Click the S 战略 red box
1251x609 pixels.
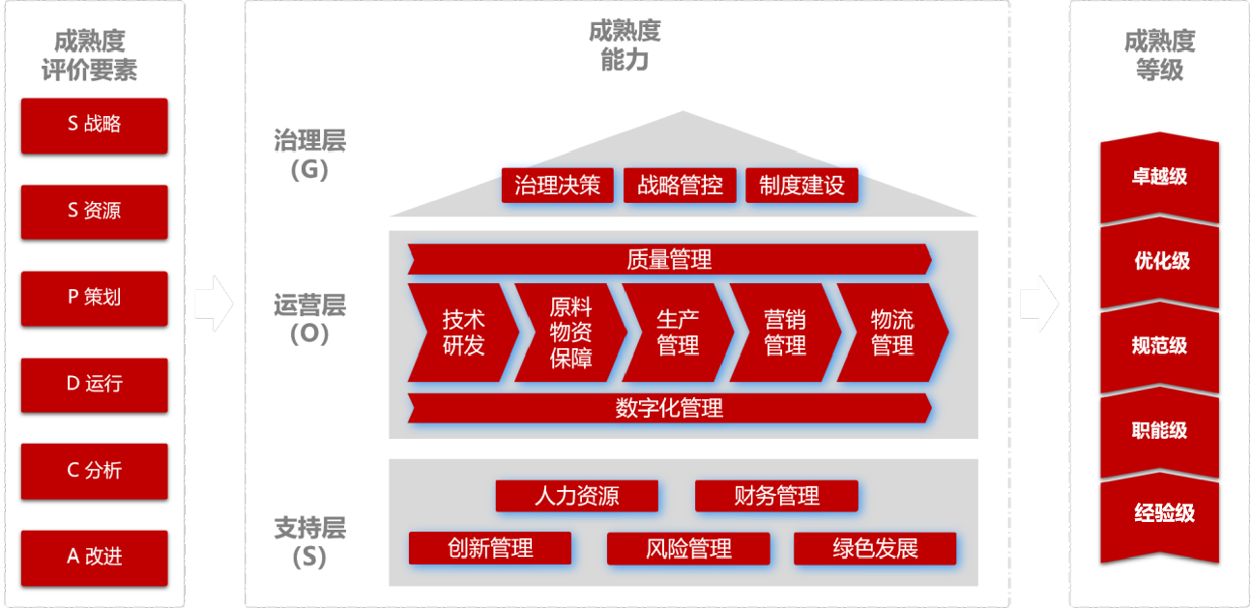coord(94,125)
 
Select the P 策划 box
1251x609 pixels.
coord(94,298)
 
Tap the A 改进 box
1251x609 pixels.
coord(94,557)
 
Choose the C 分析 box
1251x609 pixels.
coord(94,471)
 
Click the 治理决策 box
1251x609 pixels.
coord(557,186)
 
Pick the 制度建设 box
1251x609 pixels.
coord(801,186)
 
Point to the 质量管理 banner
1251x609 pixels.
coord(669,259)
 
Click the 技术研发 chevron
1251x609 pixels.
coord(463,333)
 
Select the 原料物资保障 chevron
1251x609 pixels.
coord(570,333)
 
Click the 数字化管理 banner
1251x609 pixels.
coord(669,408)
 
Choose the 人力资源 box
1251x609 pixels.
coord(576,497)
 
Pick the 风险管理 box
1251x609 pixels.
coord(688,549)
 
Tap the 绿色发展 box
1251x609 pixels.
coord(875,549)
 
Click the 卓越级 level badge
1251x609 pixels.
coord(1159,179)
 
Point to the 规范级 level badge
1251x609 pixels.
coord(1159,346)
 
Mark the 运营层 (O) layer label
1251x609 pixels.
coord(309,319)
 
